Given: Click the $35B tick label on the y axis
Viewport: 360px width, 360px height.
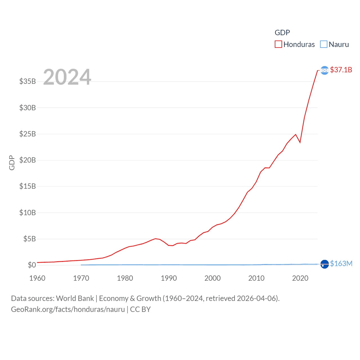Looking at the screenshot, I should point(28,81).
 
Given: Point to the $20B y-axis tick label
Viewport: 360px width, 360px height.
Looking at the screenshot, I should point(28,160).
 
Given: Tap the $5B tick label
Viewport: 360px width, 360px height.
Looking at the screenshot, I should point(30,239).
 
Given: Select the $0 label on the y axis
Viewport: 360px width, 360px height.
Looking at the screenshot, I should point(32,265).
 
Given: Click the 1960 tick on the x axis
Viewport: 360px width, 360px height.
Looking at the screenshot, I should point(37,278).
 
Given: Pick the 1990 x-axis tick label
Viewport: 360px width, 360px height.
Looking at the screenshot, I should point(169,278).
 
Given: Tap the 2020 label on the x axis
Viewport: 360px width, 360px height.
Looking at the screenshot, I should point(300,278).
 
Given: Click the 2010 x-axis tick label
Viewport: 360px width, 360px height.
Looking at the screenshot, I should point(256,278).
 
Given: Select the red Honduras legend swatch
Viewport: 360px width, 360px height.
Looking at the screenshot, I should point(278,44).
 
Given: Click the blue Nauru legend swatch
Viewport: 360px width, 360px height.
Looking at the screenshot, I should point(324,44).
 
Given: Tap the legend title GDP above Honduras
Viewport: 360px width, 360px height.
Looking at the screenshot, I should point(282,33).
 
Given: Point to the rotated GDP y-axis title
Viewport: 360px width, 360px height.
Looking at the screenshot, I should point(12,163).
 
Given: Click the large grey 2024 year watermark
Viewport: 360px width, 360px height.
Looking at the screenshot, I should point(67,77).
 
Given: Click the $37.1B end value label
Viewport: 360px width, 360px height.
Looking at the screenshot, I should point(341,70).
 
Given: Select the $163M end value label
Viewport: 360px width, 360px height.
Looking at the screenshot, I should point(341,264).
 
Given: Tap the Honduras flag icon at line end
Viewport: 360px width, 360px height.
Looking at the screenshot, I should point(325,70).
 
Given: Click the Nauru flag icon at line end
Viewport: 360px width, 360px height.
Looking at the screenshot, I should point(325,264).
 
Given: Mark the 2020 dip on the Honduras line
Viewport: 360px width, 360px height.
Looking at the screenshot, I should point(300,142).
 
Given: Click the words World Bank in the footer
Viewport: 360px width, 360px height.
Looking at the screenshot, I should point(75,298).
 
